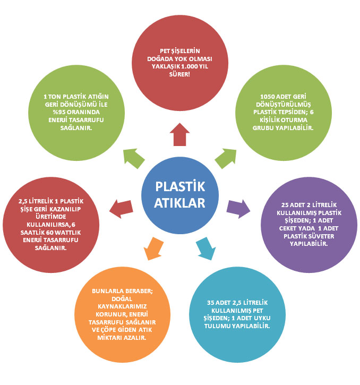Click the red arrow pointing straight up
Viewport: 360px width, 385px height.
(180, 134)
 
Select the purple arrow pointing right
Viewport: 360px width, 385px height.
(238, 209)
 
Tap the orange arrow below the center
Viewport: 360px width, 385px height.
(153, 249)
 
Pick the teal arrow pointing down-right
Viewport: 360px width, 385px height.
(206, 249)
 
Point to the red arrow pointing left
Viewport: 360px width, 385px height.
(121, 209)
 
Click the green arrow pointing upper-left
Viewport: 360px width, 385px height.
(134, 158)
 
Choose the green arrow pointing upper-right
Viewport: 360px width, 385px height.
(226, 158)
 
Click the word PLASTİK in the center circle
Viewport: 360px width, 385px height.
(180, 186)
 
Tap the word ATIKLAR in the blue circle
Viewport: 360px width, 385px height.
(179, 203)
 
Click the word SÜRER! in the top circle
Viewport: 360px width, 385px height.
(179, 74)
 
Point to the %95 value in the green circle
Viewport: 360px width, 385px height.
(59, 112)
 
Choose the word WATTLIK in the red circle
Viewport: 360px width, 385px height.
(68, 233)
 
